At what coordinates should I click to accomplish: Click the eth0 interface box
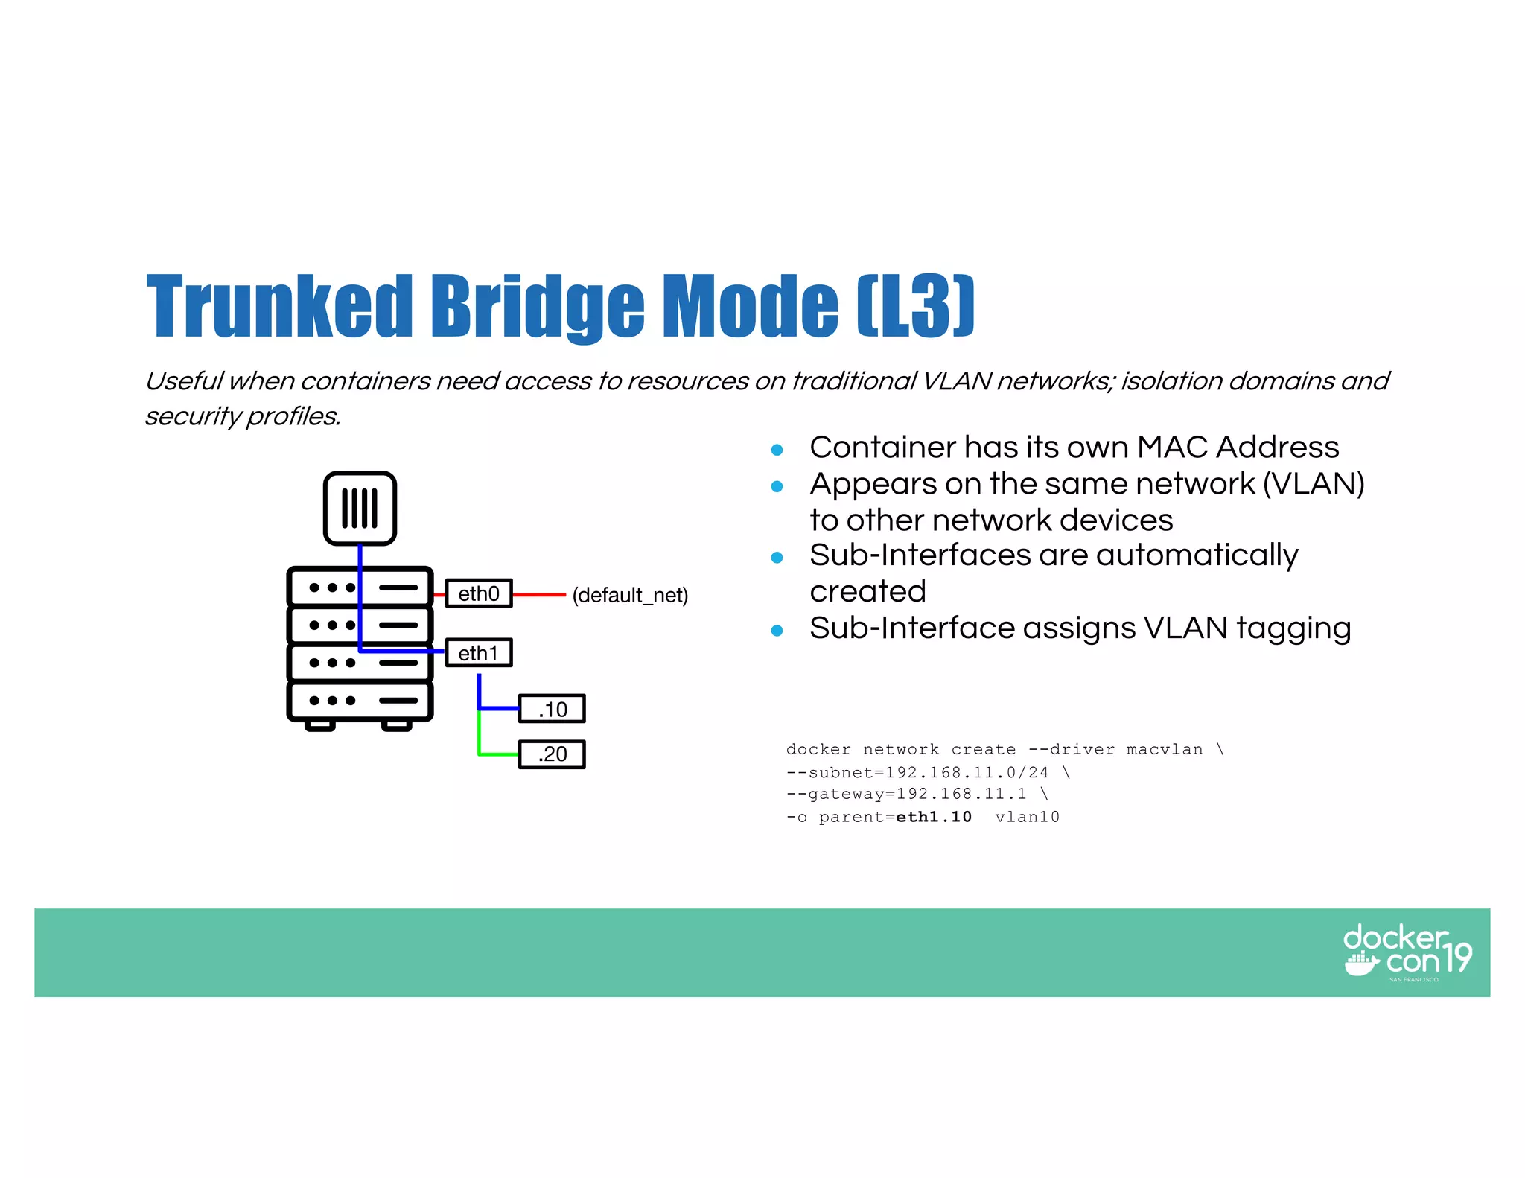pyautogui.click(x=479, y=593)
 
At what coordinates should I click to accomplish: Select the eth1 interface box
pyautogui.click(x=479, y=653)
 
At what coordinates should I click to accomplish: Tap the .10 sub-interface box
pyautogui.click(x=552, y=709)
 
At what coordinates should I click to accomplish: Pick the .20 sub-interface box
pyautogui.click(x=552, y=754)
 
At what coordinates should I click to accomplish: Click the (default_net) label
pyautogui.click(x=630, y=595)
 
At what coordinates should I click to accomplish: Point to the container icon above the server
pyautogui.click(x=360, y=509)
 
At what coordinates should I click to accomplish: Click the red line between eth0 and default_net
pyautogui.click(x=539, y=595)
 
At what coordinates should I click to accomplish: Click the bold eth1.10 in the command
pyautogui.click(x=934, y=817)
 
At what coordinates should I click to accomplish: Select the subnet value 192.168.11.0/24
pyautogui.click(x=966, y=772)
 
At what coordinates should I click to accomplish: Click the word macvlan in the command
pyautogui.click(x=1165, y=749)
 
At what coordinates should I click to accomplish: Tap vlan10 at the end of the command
pyautogui.click(x=1027, y=817)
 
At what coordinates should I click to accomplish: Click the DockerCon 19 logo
pyautogui.click(x=1407, y=952)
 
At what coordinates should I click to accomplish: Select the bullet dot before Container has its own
pyautogui.click(x=777, y=450)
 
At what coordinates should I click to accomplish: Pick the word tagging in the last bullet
pyautogui.click(x=1293, y=628)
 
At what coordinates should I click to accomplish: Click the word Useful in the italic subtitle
pyautogui.click(x=183, y=381)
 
